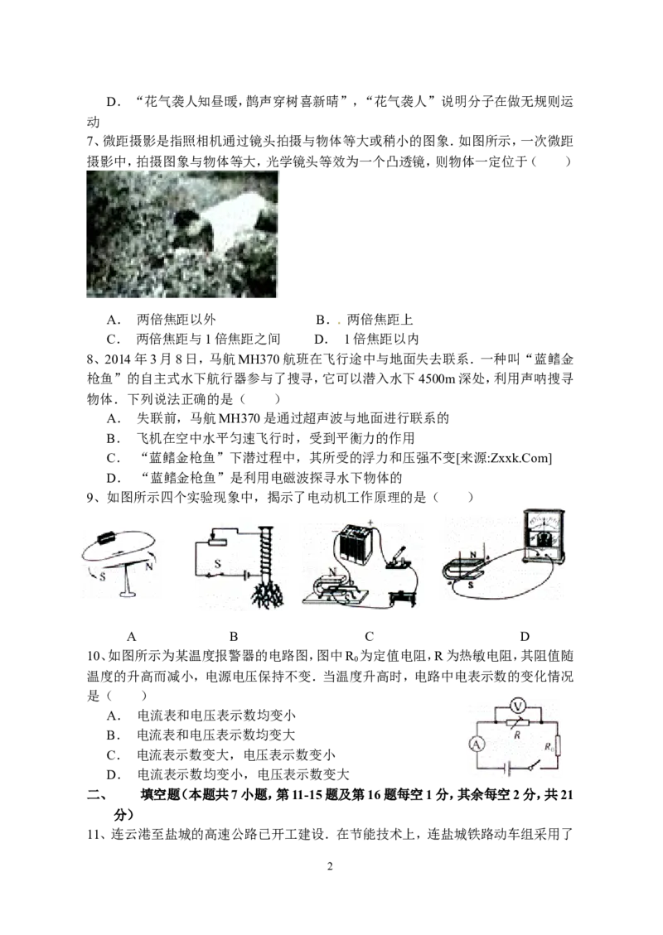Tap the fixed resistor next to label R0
(x=558, y=747)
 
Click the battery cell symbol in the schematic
(x=506, y=768)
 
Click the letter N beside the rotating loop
(x=148, y=569)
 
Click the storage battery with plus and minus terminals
(x=355, y=546)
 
